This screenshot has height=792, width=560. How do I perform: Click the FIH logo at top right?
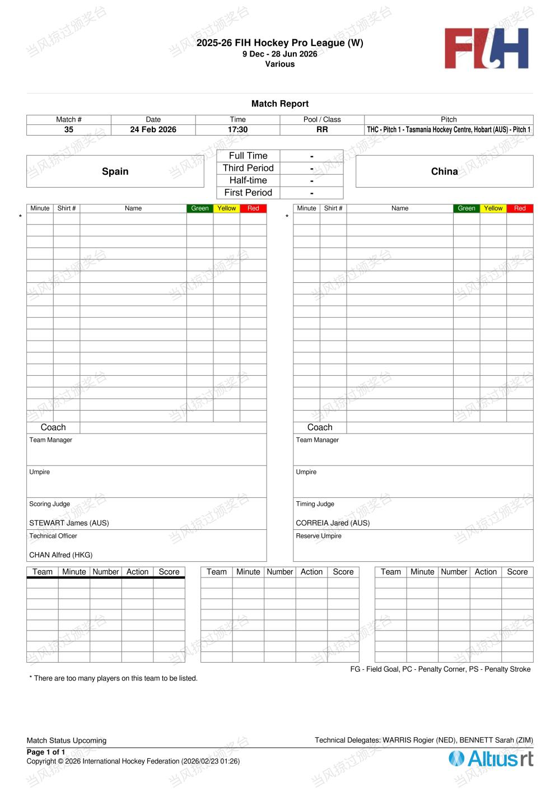[486, 49]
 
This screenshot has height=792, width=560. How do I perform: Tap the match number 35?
[69, 129]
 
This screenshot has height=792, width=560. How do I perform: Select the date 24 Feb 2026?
[153, 129]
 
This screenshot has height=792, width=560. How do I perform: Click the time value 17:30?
[237, 129]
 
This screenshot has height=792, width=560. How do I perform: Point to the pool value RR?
[322, 129]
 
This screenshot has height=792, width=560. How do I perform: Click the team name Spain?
[115, 171]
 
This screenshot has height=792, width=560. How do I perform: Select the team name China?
[444, 171]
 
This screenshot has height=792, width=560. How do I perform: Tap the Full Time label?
[248, 156]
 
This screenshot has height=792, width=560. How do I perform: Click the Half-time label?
[248, 180]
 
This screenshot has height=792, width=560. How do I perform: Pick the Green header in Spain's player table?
[200, 208]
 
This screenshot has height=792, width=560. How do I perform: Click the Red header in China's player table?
[520, 208]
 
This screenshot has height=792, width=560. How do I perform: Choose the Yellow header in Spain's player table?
[226, 208]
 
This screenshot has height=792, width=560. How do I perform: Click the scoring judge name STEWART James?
[69, 523]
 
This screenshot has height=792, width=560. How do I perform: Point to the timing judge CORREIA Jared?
[333, 523]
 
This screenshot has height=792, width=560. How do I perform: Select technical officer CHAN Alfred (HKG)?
[60, 555]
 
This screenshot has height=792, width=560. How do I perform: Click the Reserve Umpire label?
[319, 536]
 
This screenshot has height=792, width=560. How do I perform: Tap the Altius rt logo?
[491, 759]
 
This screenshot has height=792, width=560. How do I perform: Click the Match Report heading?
[280, 104]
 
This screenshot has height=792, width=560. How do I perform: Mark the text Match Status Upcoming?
[66, 740]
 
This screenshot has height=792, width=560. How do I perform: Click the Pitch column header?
[449, 119]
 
